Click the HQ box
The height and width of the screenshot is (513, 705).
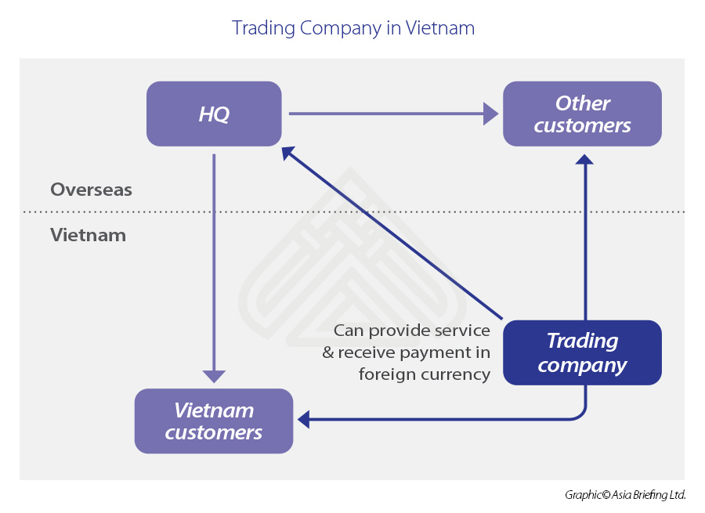(213, 114)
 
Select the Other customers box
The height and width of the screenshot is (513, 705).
(582, 114)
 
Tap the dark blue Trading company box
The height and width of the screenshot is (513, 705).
(582, 352)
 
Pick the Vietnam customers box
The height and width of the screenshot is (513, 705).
(213, 421)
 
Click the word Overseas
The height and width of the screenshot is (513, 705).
(91, 190)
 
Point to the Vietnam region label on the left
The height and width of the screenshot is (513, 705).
(88, 235)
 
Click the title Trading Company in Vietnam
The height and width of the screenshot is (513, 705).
(353, 28)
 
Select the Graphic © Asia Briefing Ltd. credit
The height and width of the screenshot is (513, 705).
(625, 495)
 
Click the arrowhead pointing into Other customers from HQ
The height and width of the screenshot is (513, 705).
(491, 114)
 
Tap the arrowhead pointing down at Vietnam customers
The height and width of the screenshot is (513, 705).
(214, 376)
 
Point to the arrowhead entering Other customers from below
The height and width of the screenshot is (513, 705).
(584, 159)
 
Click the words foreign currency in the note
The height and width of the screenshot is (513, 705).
(425, 374)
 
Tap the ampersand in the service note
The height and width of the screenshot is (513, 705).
(328, 352)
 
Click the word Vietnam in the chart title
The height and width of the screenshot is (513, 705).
(440, 28)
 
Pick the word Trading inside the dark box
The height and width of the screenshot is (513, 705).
(582, 341)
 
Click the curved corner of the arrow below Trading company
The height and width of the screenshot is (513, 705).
(580, 415)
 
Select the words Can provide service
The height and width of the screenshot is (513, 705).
(412, 331)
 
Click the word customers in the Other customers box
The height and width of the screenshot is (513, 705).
(582, 125)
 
